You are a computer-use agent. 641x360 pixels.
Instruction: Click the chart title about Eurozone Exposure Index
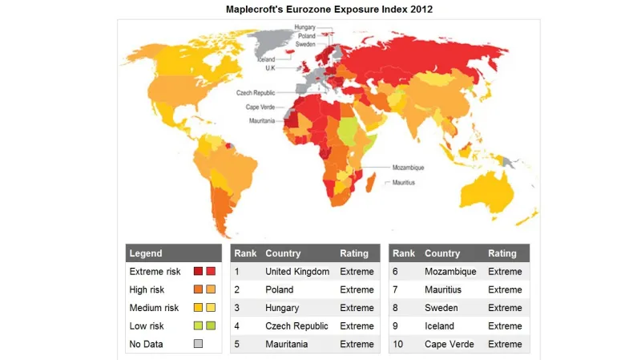320,8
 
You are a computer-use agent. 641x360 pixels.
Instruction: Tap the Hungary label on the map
304,27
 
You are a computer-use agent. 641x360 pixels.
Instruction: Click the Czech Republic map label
256,93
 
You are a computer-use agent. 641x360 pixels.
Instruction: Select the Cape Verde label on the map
260,107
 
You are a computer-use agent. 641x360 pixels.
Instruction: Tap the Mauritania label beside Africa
260,120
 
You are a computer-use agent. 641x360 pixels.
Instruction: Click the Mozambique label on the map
408,168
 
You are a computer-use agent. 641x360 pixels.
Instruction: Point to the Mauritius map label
404,183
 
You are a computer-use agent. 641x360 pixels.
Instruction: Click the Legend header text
146,253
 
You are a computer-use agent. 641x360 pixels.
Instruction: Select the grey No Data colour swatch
198,344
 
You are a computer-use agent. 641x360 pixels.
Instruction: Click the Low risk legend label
147,326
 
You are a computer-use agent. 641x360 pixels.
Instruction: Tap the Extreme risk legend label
154,272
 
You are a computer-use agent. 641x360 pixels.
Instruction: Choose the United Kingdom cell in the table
297,272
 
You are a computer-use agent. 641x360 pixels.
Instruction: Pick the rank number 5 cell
237,345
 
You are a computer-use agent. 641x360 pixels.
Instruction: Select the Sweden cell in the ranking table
441,308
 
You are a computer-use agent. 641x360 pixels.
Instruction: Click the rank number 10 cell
399,345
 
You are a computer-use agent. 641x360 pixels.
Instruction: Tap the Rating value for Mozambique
505,272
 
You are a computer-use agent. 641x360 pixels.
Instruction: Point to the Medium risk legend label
152,308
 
